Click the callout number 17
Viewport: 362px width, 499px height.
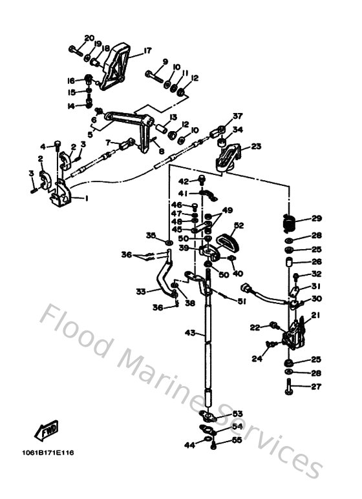(x=147, y=50)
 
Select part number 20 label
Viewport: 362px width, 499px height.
(x=89, y=38)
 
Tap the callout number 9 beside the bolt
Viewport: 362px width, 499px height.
(x=165, y=61)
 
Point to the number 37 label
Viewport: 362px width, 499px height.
(x=237, y=116)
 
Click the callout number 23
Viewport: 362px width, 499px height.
(x=256, y=147)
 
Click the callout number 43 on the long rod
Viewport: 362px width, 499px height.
(x=189, y=334)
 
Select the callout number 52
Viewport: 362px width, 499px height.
(x=239, y=225)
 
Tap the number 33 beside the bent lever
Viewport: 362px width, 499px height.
(x=141, y=292)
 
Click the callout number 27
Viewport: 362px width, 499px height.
(x=316, y=387)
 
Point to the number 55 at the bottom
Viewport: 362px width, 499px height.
(x=237, y=440)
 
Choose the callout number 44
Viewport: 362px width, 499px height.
(x=189, y=445)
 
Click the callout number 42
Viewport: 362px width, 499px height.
(x=183, y=181)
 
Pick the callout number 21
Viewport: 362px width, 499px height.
(x=315, y=315)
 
